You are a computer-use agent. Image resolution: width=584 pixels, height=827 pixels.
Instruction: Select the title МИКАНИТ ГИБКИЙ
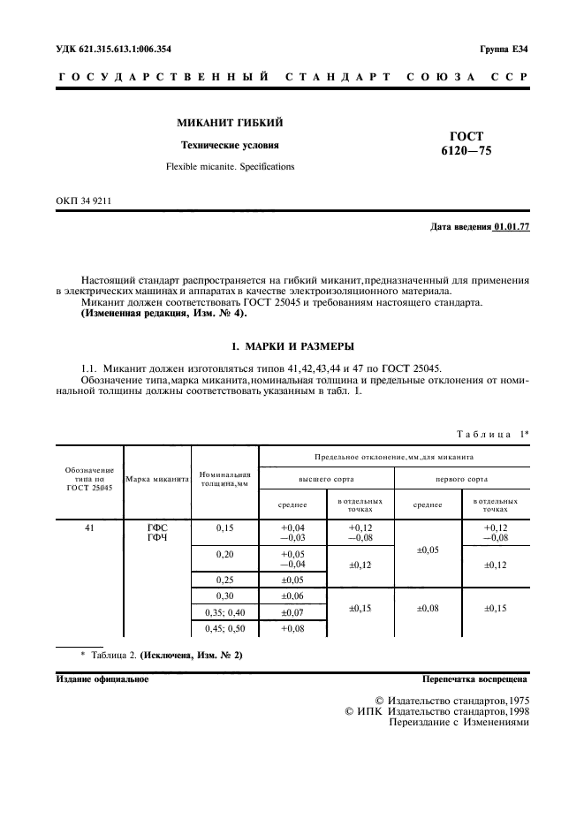tap(230, 122)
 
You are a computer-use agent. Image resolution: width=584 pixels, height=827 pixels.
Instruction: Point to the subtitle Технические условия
tap(230, 145)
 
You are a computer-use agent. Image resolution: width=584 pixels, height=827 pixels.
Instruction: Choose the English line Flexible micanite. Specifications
tap(230, 166)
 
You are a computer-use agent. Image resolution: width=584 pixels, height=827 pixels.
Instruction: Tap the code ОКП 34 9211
tap(83, 201)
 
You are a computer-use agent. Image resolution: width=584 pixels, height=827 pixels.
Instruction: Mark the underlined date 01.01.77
tap(512, 227)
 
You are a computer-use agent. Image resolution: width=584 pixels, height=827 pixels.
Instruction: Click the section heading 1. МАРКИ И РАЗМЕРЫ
tap(291, 345)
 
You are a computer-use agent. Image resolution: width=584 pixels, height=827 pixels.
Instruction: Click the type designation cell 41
tap(89, 527)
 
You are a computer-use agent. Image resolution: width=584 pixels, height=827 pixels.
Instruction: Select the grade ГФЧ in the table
tap(156, 538)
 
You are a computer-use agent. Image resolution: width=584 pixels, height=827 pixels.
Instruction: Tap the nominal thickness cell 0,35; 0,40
tap(225, 611)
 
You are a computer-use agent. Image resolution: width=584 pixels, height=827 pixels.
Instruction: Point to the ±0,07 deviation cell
tap(292, 611)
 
